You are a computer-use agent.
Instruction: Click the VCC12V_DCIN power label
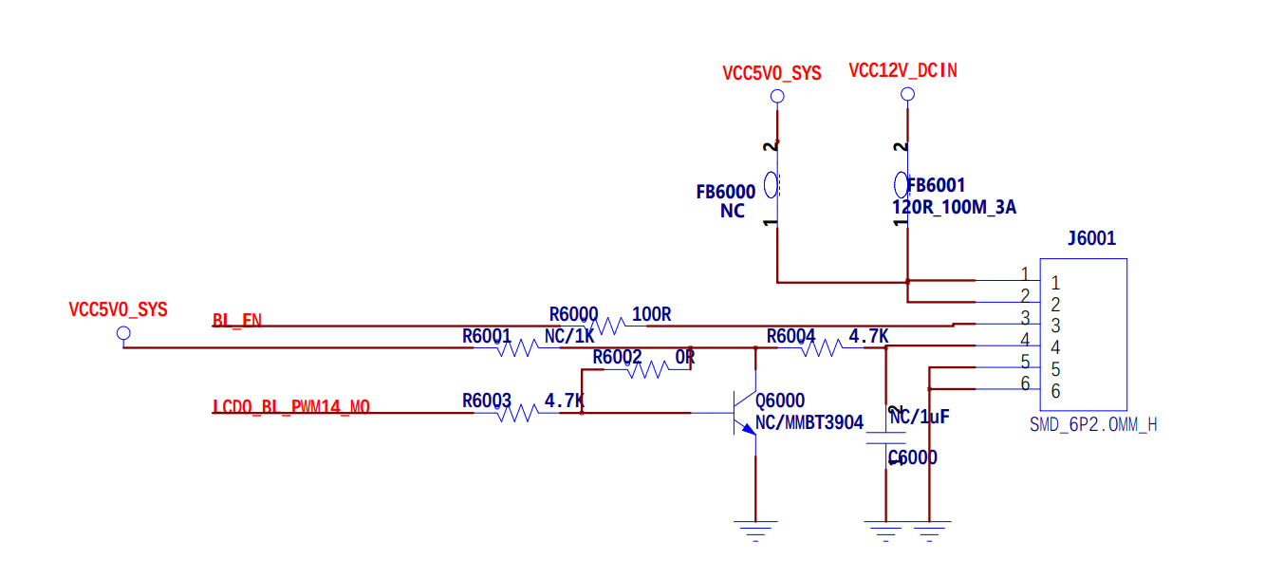pyautogui.click(x=902, y=70)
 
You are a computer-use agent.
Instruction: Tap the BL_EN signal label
pyautogui.click(x=237, y=321)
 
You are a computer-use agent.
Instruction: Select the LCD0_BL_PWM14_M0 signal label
pyautogui.click(x=290, y=407)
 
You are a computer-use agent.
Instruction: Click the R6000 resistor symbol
pyautogui.click(x=605, y=326)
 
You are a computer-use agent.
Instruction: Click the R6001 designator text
pyautogui.click(x=487, y=336)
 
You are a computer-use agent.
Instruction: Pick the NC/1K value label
pyautogui.click(x=569, y=336)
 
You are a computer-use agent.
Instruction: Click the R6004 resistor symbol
pyautogui.click(x=819, y=348)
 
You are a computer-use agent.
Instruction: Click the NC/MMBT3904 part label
pyautogui.click(x=809, y=422)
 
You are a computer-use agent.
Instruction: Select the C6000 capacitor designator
pyautogui.click(x=912, y=457)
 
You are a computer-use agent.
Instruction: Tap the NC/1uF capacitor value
pyautogui.click(x=920, y=416)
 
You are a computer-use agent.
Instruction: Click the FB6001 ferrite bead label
pyautogui.click(x=936, y=186)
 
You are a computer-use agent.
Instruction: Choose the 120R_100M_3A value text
pyautogui.click(x=954, y=207)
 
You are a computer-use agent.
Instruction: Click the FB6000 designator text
pyautogui.click(x=726, y=192)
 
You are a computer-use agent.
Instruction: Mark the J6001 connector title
pyautogui.click(x=1091, y=239)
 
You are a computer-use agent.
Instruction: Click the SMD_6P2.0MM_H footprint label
pyautogui.click(x=1093, y=424)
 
